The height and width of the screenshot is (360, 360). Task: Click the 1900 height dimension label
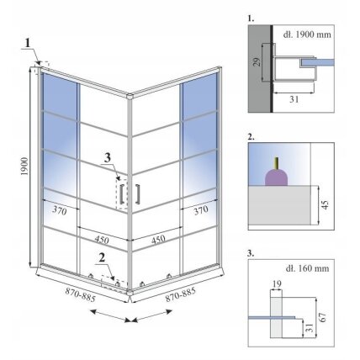[24, 167]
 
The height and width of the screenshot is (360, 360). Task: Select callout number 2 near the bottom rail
[102, 257]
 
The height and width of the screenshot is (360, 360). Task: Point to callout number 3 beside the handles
[108, 158]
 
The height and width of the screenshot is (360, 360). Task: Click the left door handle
[122, 194]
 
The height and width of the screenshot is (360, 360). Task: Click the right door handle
[137, 193]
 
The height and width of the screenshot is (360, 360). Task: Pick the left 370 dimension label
[60, 210]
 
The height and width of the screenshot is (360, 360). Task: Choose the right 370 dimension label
[201, 210]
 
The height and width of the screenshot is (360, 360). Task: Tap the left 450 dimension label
[102, 240]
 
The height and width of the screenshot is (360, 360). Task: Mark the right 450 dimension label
[158, 240]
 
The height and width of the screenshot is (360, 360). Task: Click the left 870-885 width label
[81, 294]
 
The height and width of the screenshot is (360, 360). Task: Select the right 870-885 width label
[180, 294]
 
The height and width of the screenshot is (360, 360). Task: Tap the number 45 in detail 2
[325, 204]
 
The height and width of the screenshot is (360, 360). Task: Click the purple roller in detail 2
[277, 177]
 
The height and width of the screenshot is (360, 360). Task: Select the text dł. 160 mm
[307, 268]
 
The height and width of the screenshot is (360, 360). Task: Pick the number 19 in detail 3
[277, 283]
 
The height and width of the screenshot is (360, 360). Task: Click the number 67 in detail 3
[323, 317]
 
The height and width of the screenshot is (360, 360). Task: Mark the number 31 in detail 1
[294, 99]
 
